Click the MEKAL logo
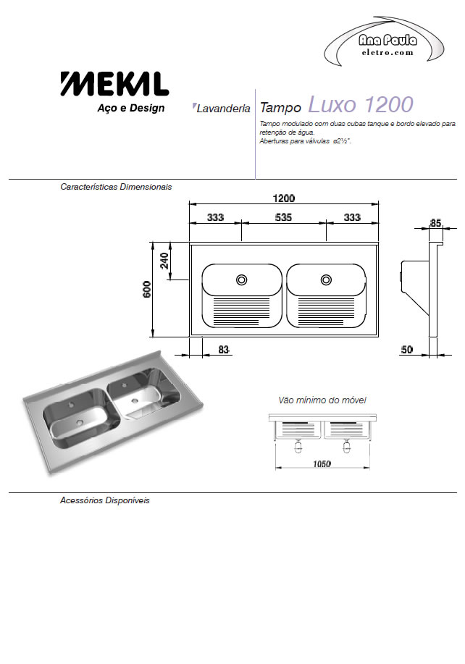pos(114,84)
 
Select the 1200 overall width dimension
pos(284,198)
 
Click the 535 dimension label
pos(283,217)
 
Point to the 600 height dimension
pos(147,289)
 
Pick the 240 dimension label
pos(164,261)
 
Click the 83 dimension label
pos(224,350)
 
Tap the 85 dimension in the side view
pos(435,223)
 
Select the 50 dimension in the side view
pos(406,350)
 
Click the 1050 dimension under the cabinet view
pos(322,464)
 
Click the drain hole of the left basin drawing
pos(241,280)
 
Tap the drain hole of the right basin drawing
pos(326,280)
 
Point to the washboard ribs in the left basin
pos(241,311)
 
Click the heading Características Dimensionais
pos(116,187)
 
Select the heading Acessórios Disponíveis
pos(104,500)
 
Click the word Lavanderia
pos(223,109)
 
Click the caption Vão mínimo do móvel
pos(322,400)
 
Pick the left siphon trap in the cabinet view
pos(298,446)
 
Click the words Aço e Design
pos(131,108)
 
